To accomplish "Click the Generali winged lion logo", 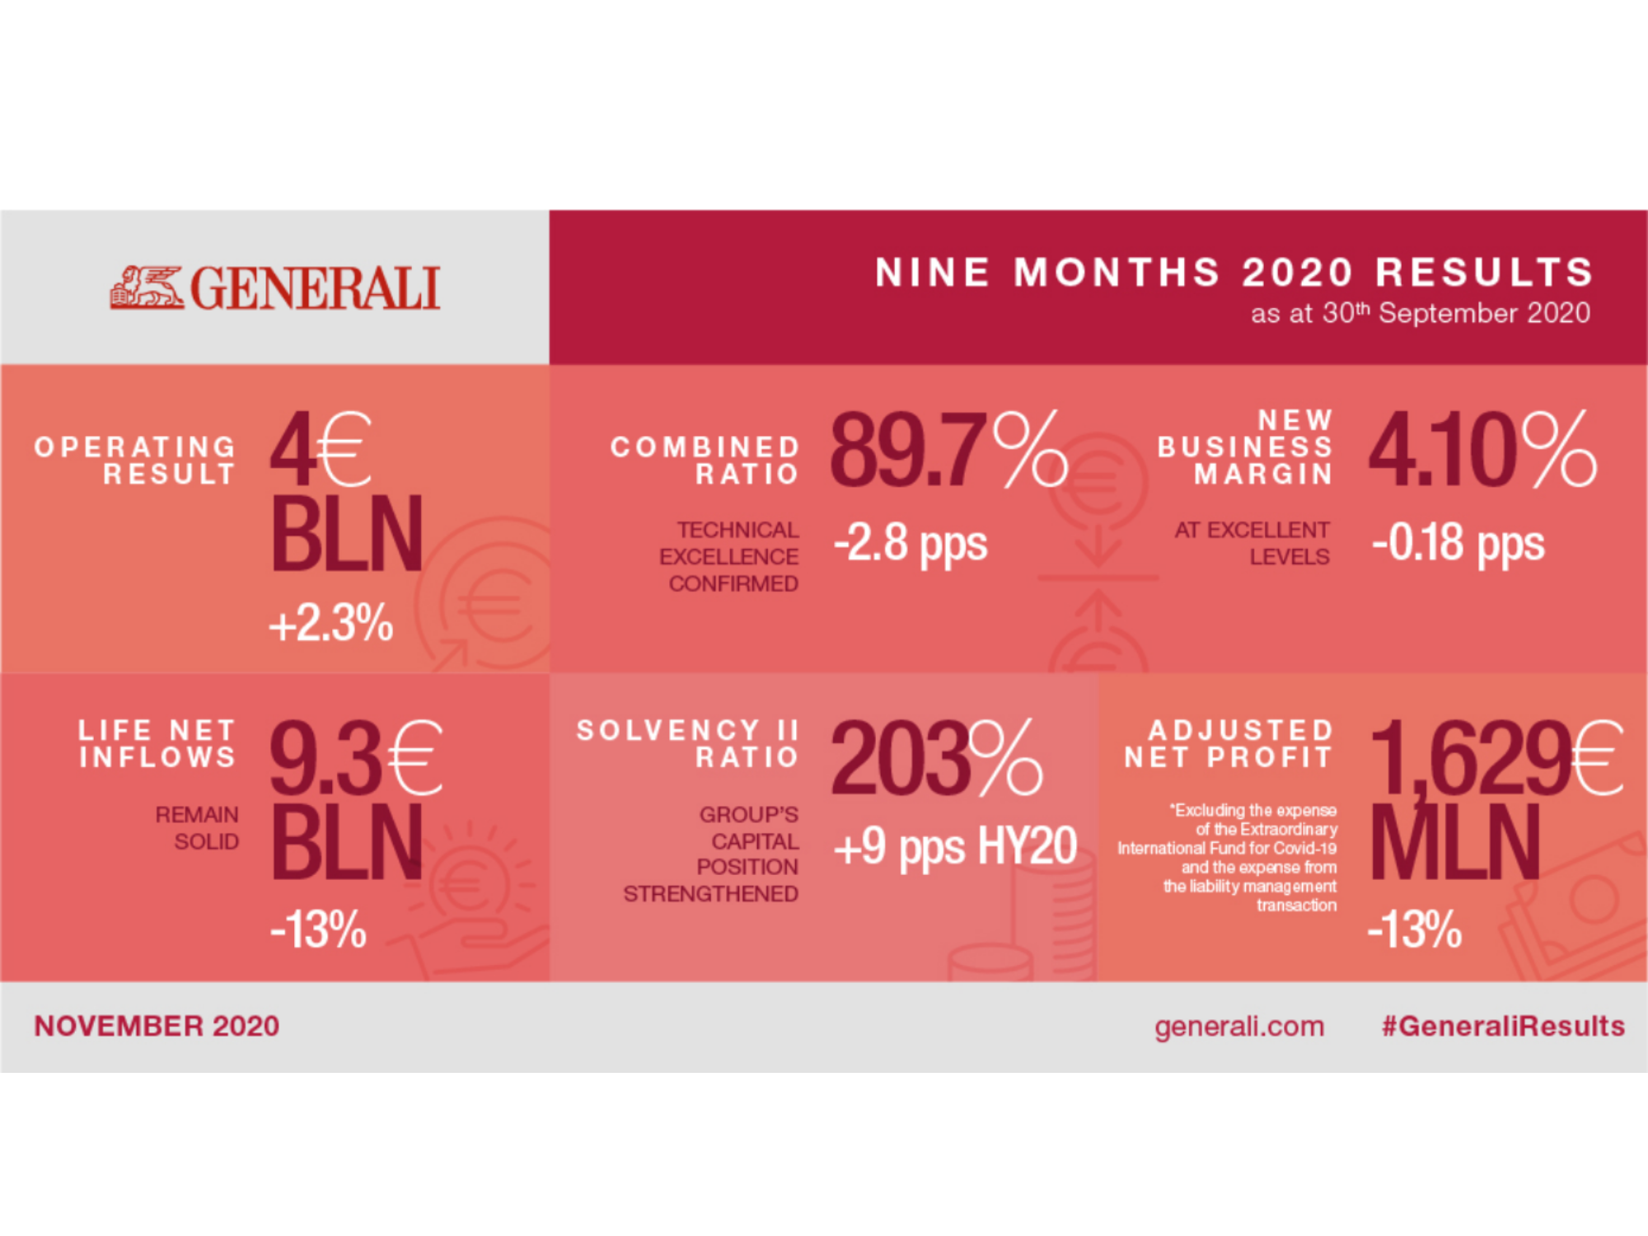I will coord(147,288).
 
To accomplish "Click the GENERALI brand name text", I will coord(316,289).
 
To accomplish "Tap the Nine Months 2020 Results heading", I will coord(1234,273).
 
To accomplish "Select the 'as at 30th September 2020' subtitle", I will coord(1420,314).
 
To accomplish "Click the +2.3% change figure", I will coord(331,623).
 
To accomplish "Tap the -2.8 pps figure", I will coord(911,545).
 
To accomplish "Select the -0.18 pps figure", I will coord(1458,545).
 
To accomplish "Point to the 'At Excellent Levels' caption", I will coord(1252,544).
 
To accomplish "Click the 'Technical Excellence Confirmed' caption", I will coord(730,557).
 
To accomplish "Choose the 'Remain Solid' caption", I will coord(198,828).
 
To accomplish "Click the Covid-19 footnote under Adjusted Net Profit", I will coord(1229,858).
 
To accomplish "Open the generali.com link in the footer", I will coord(1239,1027).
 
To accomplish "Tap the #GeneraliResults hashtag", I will coord(1503,1027).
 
